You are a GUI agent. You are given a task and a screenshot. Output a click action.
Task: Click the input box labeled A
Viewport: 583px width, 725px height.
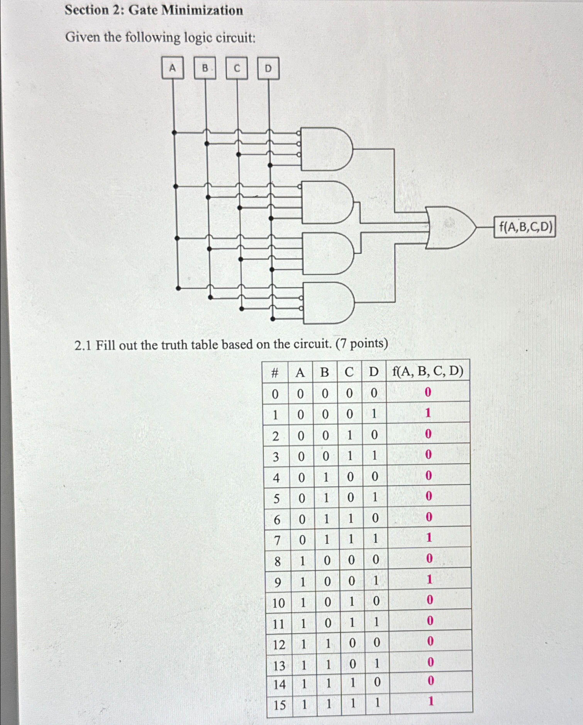click(x=172, y=68)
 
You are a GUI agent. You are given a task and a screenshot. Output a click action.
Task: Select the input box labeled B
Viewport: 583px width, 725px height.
click(x=205, y=68)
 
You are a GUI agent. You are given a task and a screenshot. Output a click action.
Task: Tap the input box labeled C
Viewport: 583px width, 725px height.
click(x=237, y=68)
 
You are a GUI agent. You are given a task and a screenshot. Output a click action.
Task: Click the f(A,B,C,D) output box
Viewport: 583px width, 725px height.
click(x=525, y=227)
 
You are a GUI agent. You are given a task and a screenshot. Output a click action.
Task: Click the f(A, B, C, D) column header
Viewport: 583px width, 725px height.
click(x=428, y=371)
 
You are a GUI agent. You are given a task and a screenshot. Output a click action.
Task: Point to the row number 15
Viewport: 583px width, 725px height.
click(x=280, y=705)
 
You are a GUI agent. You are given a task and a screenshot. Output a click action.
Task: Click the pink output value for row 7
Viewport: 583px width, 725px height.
click(x=429, y=538)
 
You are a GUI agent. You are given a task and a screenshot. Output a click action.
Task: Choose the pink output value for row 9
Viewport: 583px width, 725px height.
click(x=429, y=579)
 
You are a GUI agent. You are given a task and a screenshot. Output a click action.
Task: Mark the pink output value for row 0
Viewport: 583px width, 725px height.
click(x=427, y=392)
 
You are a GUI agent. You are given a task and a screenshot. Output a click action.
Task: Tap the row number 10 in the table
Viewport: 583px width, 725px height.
click(x=278, y=603)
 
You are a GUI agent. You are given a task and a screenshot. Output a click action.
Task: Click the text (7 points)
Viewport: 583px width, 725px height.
click(x=362, y=343)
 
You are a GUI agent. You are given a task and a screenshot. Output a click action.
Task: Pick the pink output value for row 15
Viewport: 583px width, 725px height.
click(x=431, y=701)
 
